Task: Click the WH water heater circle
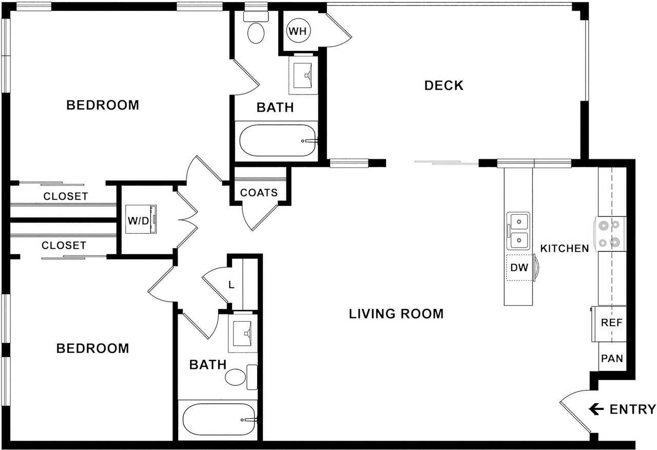(297, 31)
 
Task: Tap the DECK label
(443, 85)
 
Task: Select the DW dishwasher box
(519, 268)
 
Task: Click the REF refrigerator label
(611, 323)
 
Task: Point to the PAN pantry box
(612, 358)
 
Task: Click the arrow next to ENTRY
(596, 409)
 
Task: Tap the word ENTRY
(632, 409)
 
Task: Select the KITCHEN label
(565, 249)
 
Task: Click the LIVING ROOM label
(396, 313)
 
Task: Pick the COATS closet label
(259, 193)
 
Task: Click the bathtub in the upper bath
(278, 140)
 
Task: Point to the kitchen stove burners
(609, 233)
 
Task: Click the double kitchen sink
(518, 231)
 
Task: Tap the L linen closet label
(231, 284)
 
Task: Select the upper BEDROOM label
(103, 105)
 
